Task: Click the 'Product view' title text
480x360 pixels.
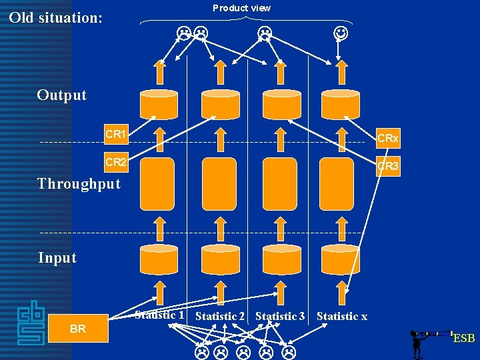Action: tap(241, 8)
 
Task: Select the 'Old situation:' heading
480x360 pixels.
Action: tap(56, 18)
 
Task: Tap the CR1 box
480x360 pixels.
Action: tap(115, 135)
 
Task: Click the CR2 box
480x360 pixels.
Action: tap(115, 162)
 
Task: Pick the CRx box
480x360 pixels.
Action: tap(387, 139)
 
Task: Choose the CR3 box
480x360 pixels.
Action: tap(387, 167)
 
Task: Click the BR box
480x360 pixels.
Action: tap(78, 329)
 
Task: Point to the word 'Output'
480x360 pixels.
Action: tap(62, 95)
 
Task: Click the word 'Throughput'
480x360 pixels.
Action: tap(79, 184)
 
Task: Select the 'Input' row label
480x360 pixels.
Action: tap(57, 258)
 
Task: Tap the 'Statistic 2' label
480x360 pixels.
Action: tap(220, 316)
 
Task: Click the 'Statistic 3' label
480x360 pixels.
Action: tap(280, 316)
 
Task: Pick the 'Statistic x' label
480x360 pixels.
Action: tap(341, 316)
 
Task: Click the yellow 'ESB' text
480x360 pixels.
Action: tap(463, 339)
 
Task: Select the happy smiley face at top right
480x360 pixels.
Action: tap(340, 32)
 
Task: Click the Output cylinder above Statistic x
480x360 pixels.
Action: tap(340, 103)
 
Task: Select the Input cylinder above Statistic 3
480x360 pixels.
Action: tap(281, 259)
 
